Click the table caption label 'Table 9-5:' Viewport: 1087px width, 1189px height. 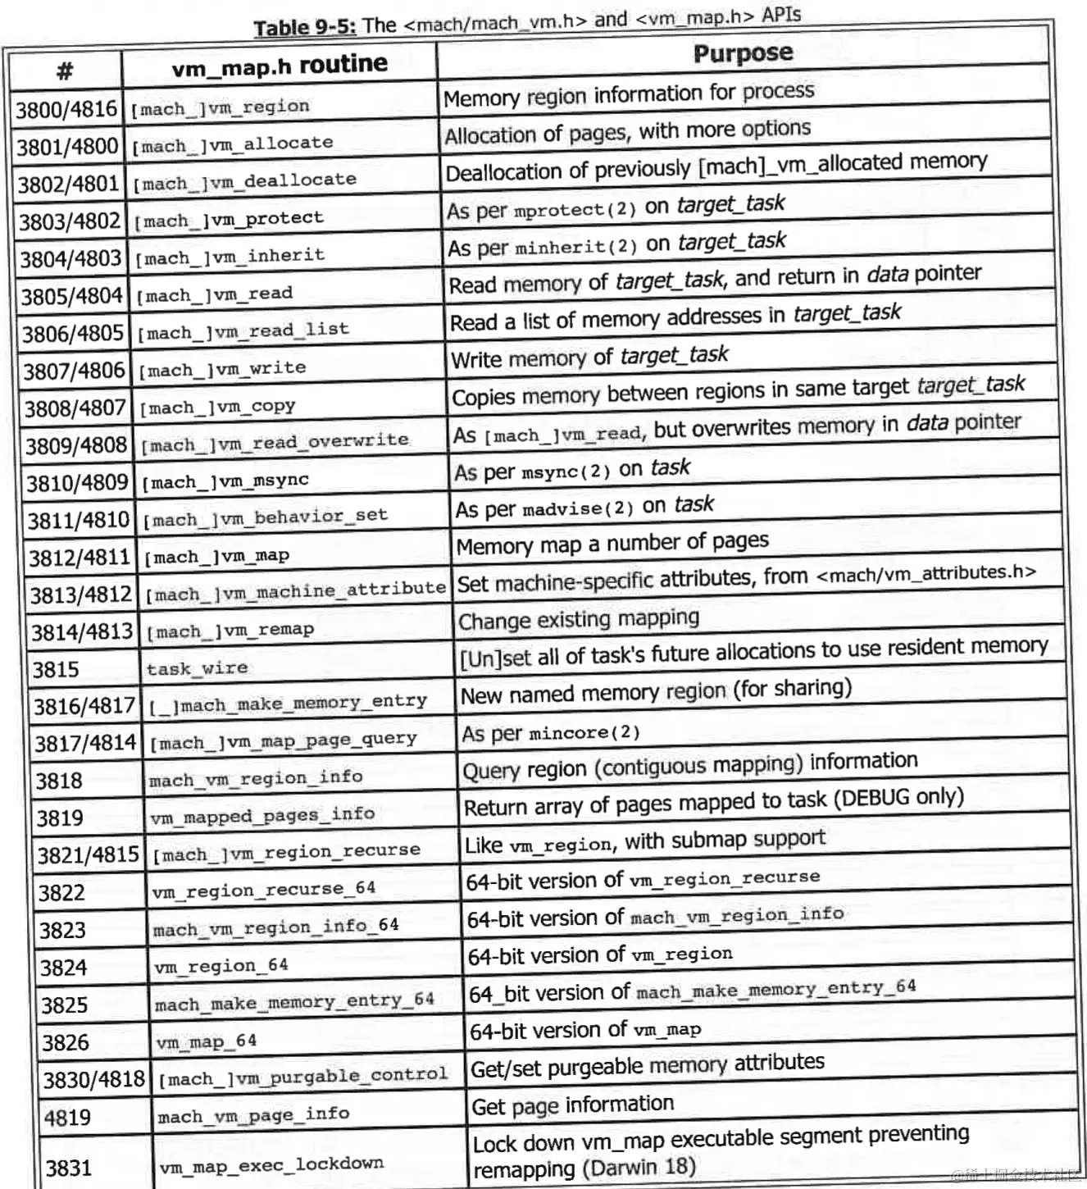pos(304,28)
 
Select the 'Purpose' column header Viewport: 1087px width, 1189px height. pos(743,53)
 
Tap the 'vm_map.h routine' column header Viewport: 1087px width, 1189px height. pos(280,65)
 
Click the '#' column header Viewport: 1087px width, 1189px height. pos(65,71)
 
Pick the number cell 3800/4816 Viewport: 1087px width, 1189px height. pos(66,110)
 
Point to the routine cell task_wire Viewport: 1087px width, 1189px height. pos(197,668)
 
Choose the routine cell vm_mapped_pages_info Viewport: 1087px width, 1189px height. pos(262,815)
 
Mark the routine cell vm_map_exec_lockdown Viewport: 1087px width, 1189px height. pos(271,1164)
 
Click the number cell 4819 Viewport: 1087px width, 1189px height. pos(67,1118)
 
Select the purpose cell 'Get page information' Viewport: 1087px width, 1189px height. pos(572,1106)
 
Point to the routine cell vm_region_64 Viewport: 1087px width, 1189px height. pos(221,966)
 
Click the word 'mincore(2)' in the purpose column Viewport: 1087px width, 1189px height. pos(584,732)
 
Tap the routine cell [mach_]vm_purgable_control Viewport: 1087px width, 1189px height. pos(302,1076)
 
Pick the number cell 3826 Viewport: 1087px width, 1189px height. pos(66,1042)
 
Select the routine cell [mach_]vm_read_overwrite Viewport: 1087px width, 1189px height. pos(275,442)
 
